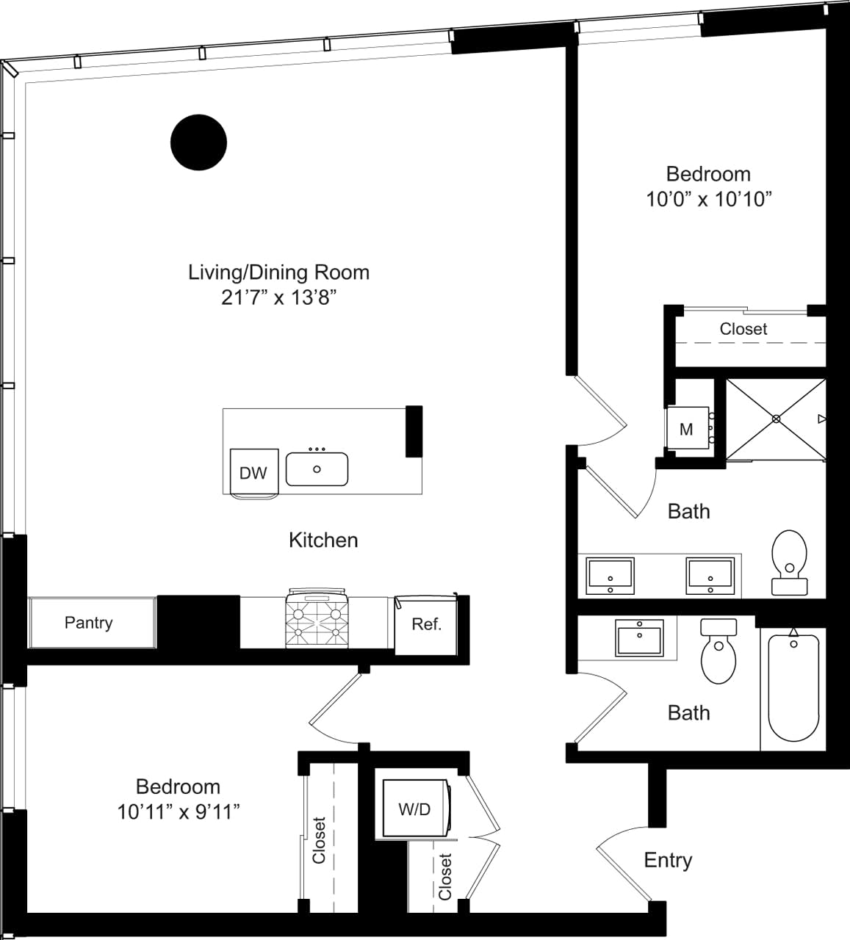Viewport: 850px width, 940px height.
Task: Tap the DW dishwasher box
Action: click(253, 472)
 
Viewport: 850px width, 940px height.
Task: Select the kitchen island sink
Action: click(317, 469)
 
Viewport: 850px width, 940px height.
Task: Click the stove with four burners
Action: click(317, 620)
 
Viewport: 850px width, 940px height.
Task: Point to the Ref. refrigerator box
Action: click(426, 624)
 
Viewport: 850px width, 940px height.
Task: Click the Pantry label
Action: click(89, 623)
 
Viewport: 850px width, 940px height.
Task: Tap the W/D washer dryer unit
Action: click(414, 809)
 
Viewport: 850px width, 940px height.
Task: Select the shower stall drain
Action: click(776, 419)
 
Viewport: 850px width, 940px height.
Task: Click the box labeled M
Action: click(686, 430)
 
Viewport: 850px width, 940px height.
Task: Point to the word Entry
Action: click(668, 860)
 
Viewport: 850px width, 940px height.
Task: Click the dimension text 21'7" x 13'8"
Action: click(278, 297)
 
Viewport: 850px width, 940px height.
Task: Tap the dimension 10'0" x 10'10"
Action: click(709, 199)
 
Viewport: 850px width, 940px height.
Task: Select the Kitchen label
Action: click(323, 540)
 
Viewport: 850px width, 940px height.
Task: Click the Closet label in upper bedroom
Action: click(743, 329)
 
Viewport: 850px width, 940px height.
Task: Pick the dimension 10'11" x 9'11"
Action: click(179, 811)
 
